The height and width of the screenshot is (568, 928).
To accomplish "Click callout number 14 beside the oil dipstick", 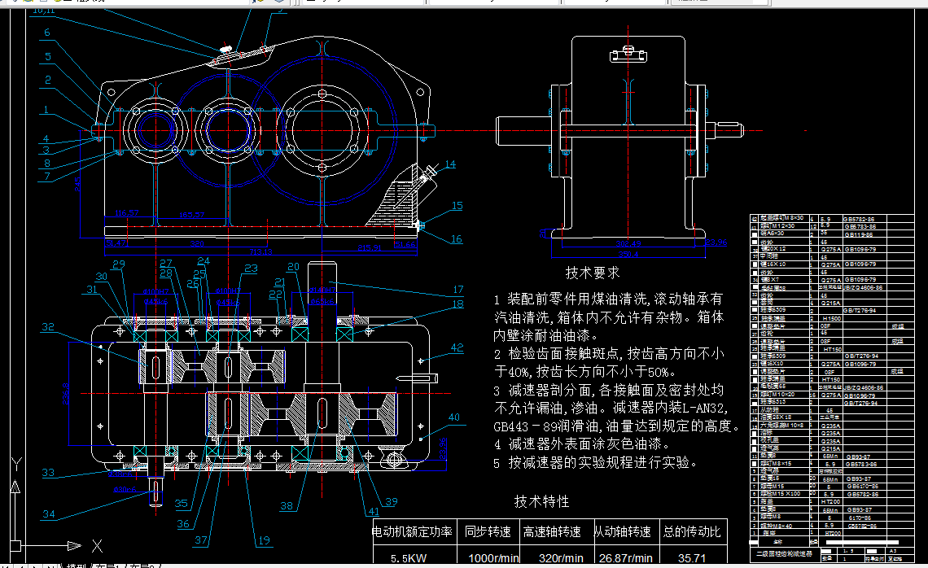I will [450, 164].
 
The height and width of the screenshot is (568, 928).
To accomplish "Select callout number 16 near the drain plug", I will [456, 239].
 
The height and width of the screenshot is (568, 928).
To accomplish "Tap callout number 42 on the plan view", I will [456, 347].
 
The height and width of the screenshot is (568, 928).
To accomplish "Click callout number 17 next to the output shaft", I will [457, 289].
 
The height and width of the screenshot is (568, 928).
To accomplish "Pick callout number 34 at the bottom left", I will [49, 514].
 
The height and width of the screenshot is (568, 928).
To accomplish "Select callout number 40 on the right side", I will [453, 417].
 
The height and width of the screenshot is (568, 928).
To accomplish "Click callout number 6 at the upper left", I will [47, 33].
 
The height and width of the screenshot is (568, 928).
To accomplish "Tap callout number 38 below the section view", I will [287, 505].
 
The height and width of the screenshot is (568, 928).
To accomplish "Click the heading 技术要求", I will [592, 273].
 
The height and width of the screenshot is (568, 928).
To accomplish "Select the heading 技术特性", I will [541, 501].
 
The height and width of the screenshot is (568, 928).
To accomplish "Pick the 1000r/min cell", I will [492, 559].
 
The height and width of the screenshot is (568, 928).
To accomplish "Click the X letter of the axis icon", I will [97, 544].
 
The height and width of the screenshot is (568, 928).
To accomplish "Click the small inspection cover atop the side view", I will [628, 56].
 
